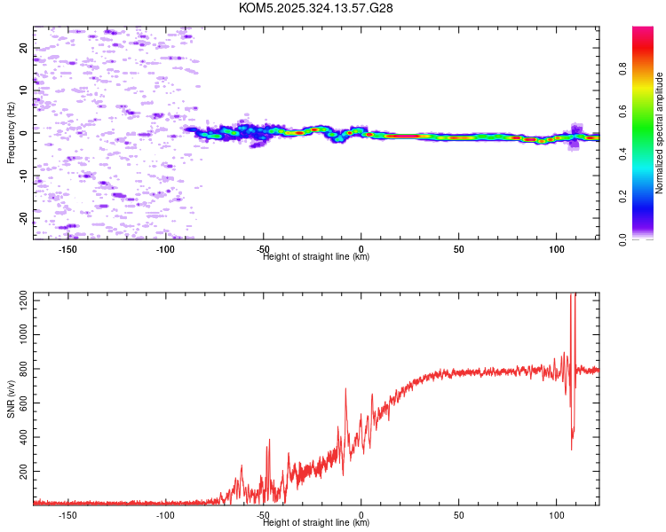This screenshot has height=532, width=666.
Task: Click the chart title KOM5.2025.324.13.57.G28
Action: click(316, 8)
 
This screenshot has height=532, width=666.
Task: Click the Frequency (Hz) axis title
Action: click(11, 133)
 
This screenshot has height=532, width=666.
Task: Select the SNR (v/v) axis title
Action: click(11, 400)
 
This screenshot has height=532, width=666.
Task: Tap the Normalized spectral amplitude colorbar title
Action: click(660, 133)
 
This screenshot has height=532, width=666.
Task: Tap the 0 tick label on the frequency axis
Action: click(24, 133)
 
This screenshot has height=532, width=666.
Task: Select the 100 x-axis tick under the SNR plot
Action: click(556, 514)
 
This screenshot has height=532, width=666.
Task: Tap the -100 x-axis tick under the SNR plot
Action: click(165, 514)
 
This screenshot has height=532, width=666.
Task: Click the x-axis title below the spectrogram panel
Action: click(316, 257)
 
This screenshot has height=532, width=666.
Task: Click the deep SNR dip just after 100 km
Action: click(571, 448)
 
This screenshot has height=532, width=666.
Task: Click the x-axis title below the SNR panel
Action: click(316, 523)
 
